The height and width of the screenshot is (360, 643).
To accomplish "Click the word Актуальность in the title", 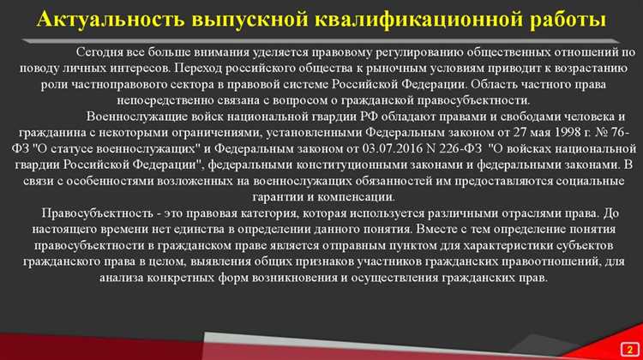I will tap(105, 19).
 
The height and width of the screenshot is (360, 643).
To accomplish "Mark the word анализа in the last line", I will tap(125, 279).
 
